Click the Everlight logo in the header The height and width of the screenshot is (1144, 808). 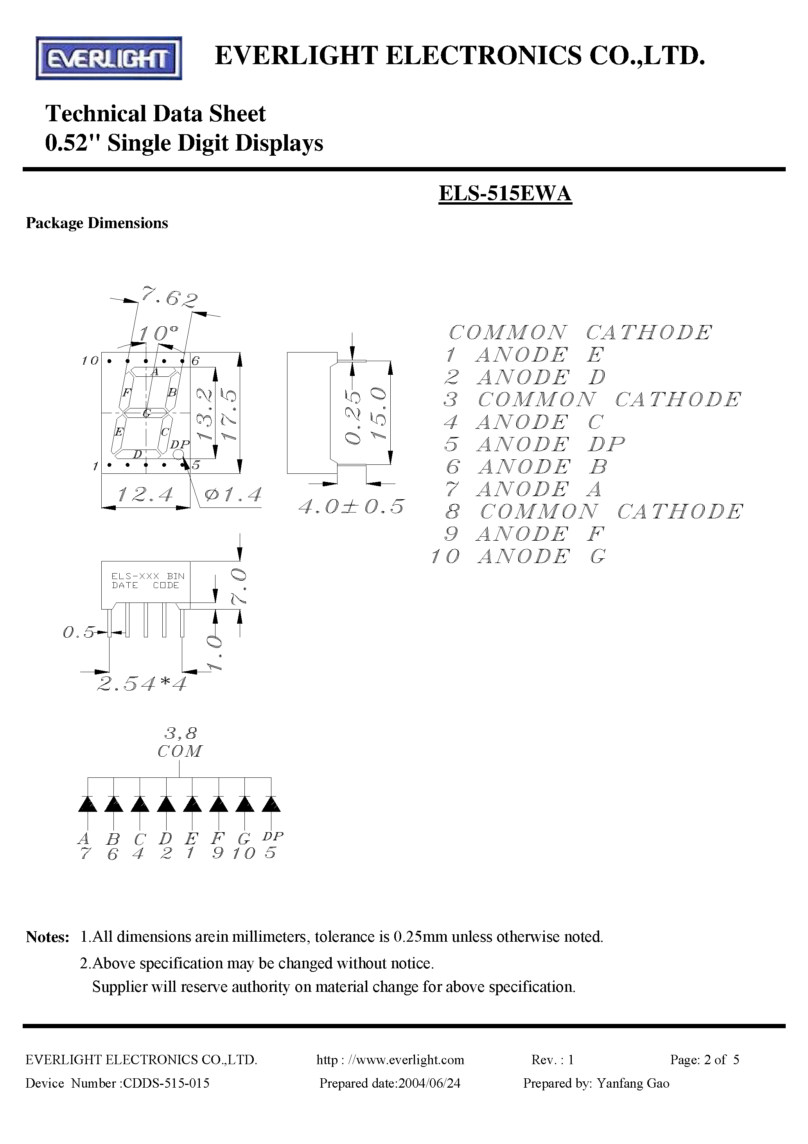(109, 58)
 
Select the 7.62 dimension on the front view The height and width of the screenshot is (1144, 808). (169, 298)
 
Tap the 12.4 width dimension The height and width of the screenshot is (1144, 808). (145, 495)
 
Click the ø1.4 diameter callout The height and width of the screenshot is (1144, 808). (233, 495)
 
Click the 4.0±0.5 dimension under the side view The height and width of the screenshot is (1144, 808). (351, 507)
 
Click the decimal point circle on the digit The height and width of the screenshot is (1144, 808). (178, 454)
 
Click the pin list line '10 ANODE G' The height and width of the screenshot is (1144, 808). (519, 556)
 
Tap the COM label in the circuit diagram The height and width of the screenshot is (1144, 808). (180, 751)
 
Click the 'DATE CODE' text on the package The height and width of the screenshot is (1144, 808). (145, 585)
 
